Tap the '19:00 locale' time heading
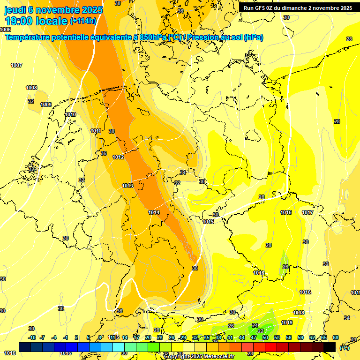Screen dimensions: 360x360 pos(36,21)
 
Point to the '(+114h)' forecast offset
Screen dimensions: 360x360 pos(83,21)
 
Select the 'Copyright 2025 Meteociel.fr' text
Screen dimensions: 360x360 pos(199,356)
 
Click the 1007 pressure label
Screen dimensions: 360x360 pos(16,65)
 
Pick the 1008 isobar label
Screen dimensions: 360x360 pos(31,88)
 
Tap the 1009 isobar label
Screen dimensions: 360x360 pos(46,105)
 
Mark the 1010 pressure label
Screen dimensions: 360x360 pos(70,114)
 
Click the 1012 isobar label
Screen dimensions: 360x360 pos(118,157)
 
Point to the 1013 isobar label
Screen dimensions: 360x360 pos(127,186)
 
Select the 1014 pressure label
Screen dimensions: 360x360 pos(154,212)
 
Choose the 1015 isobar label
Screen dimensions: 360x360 pos(209,222)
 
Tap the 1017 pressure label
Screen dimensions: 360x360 pos(307,212)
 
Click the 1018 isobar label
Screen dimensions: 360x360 pos(299,313)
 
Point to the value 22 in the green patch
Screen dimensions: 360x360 pos(261,331)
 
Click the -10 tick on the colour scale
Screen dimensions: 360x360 pos(32,337)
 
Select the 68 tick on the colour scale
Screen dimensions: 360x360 pos(336,337)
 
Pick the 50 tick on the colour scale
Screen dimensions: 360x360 pos(265,337)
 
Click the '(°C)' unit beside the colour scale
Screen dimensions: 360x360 pos(344,348)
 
